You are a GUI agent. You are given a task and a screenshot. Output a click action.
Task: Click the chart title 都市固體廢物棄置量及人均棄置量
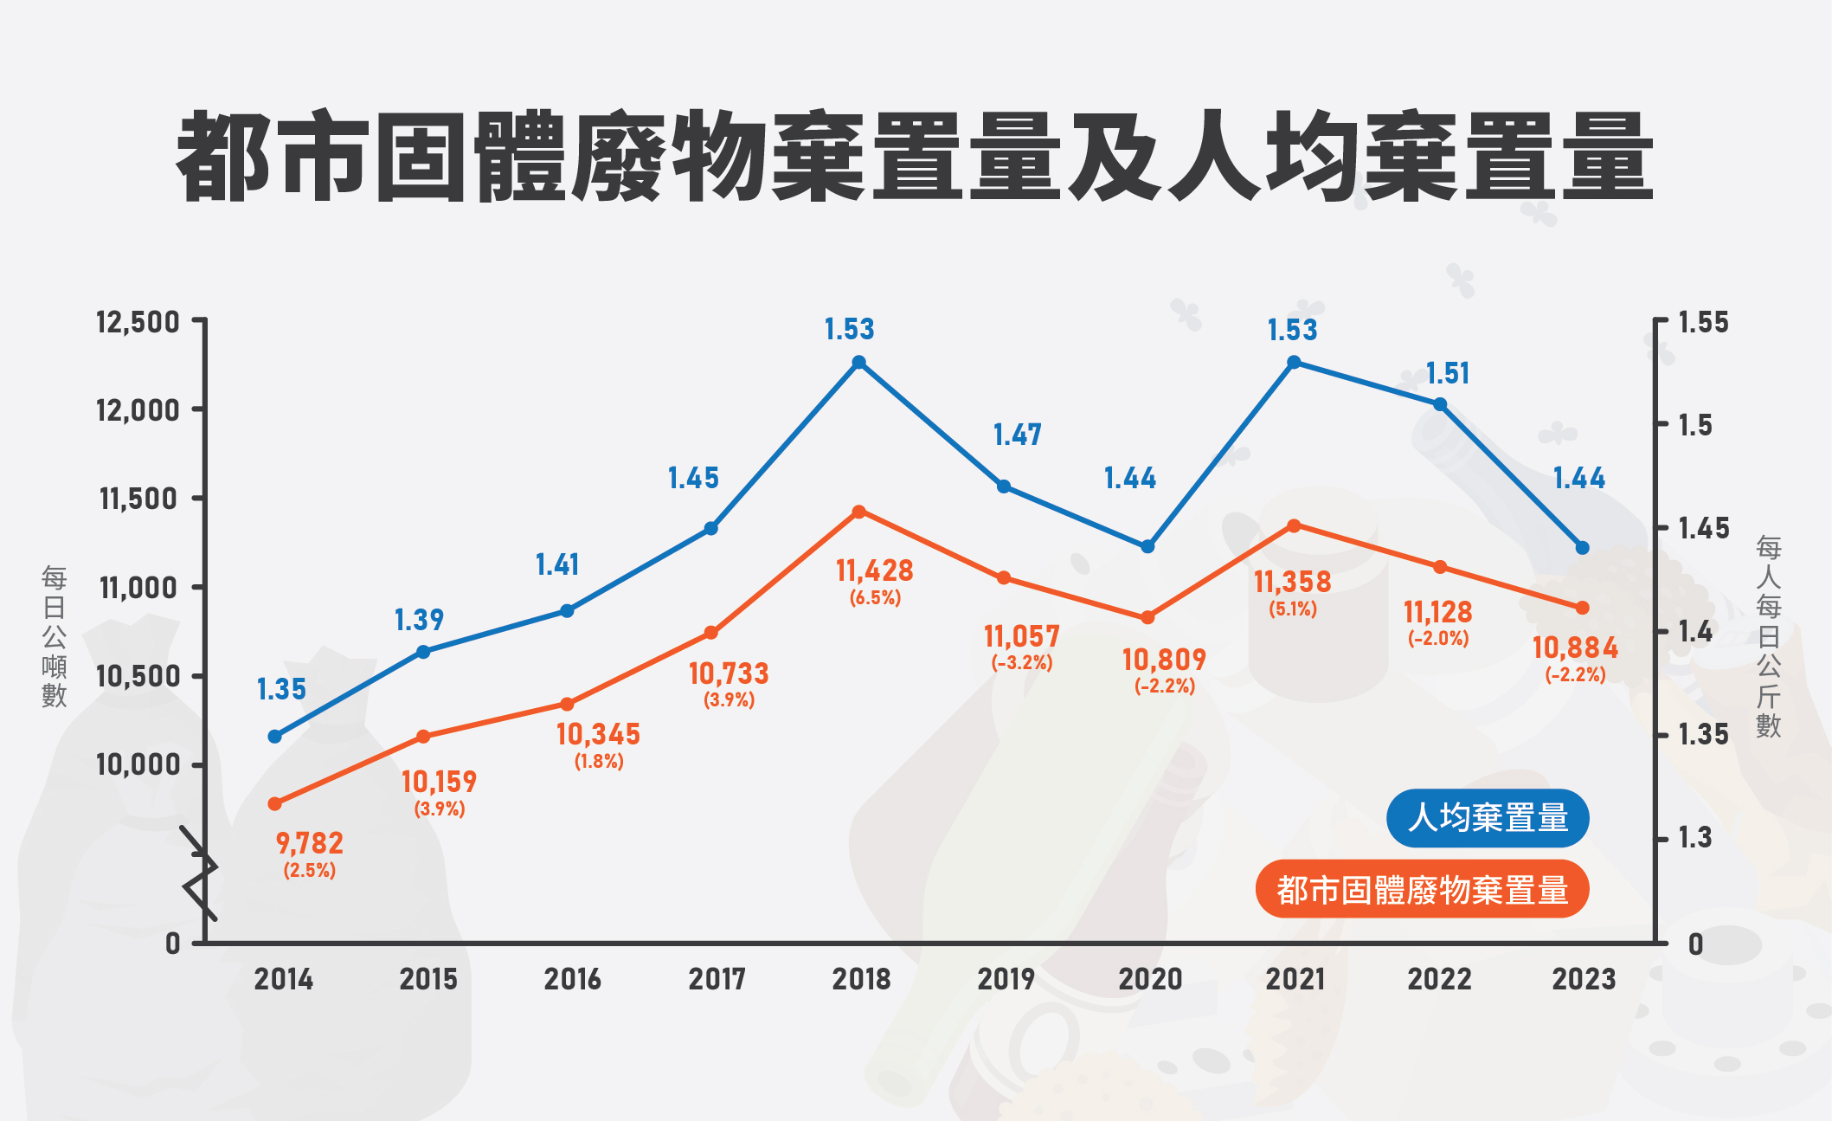(915, 157)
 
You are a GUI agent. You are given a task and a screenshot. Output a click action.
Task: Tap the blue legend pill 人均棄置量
(1488, 818)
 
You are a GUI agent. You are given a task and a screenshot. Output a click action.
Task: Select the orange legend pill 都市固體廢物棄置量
(1422, 889)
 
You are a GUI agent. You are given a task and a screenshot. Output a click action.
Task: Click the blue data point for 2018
(859, 363)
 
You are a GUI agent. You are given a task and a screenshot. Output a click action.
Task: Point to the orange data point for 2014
(275, 804)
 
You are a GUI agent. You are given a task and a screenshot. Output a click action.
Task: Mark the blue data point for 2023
(1583, 548)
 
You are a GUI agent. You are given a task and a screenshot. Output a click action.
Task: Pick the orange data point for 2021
(1294, 526)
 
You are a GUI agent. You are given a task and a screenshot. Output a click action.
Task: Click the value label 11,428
(874, 571)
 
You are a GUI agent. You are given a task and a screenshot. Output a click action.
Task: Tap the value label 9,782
(309, 843)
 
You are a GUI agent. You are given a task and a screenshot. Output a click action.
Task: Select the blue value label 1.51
(1448, 374)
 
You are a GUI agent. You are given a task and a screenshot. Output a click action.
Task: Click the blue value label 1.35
(281, 690)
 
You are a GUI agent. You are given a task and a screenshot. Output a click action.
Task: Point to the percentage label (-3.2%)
(1022, 663)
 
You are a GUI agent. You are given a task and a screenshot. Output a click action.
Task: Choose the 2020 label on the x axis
(1150, 979)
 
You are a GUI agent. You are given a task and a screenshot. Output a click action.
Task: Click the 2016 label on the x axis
(572, 979)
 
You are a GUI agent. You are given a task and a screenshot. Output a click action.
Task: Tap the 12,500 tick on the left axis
(138, 323)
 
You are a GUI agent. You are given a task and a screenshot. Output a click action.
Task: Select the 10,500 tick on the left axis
(138, 676)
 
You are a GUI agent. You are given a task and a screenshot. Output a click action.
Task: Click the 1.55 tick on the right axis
(1703, 323)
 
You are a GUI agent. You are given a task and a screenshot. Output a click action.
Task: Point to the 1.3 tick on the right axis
(1694, 838)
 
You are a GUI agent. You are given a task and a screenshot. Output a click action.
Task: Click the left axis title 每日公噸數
(54, 636)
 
